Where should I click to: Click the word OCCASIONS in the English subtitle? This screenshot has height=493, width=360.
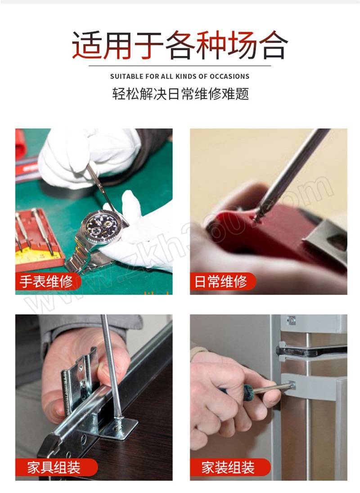pos(229,76)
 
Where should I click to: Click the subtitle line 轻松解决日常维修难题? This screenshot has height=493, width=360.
pos(180,94)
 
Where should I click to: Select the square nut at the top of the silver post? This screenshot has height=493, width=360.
pos(291,320)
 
